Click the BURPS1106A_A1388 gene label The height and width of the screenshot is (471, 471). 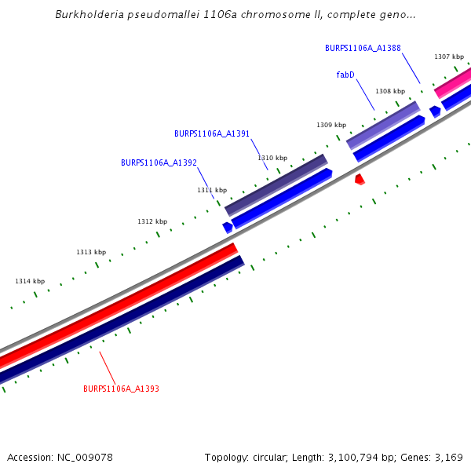(363, 48)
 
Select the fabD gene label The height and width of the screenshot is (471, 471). (345, 75)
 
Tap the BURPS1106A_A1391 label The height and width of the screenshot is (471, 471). (212, 133)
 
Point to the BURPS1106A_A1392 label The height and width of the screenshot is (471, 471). (159, 162)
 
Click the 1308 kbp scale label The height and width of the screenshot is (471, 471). (390, 91)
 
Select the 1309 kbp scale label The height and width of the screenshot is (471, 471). (331, 125)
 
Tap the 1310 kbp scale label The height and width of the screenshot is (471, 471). (272, 158)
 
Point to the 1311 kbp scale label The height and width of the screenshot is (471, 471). (212, 190)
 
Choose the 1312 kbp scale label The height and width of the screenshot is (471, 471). (152, 221)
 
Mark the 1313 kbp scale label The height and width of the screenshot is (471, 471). (91, 252)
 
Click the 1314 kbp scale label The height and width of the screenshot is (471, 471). (30, 281)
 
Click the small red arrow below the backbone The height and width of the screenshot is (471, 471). (360, 180)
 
